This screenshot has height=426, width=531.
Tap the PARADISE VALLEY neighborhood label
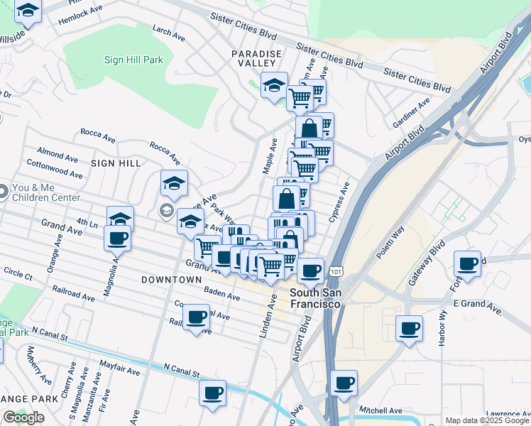point(256,58)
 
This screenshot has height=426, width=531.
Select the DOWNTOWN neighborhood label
point(171,280)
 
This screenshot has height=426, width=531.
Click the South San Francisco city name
point(316,298)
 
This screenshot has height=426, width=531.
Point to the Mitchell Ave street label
point(381,410)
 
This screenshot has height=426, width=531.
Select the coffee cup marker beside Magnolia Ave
point(117,239)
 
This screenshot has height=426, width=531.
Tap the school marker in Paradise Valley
point(274,85)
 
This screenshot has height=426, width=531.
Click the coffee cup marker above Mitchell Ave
point(344,383)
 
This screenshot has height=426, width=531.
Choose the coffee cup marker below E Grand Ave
point(409,328)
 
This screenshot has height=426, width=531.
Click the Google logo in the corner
point(23,417)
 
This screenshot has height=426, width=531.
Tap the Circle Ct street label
point(18,273)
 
